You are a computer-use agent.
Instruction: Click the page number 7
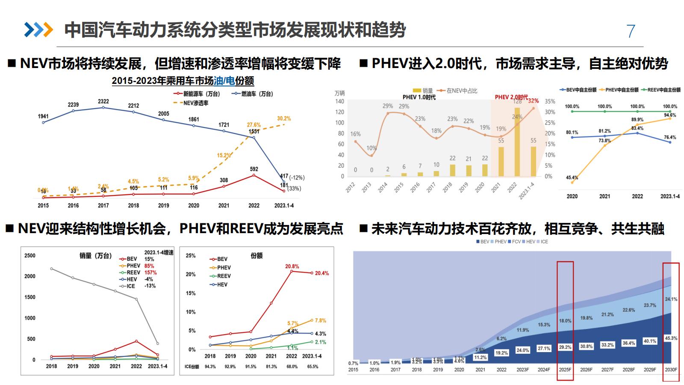[x=631, y=31]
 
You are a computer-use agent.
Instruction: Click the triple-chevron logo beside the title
[x=38, y=30]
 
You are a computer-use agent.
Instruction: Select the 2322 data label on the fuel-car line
[x=103, y=101]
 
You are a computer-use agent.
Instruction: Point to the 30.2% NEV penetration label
[x=284, y=118]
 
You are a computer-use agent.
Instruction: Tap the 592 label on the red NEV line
[x=254, y=169]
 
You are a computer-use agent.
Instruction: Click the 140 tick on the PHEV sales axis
[x=339, y=101]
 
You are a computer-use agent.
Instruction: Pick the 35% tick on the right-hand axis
[x=550, y=101]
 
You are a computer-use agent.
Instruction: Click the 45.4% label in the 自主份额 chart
[x=572, y=178]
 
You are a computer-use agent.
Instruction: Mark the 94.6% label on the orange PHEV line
[x=670, y=115]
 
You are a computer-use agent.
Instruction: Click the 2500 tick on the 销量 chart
[x=30, y=255]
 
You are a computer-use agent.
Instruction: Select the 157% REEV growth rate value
[x=150, y=272]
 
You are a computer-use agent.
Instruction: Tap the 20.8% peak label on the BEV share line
[x=292, y=267]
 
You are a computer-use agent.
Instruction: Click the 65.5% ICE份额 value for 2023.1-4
[x=312, y=367]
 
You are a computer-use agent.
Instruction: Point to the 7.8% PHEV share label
[x=320, y=320]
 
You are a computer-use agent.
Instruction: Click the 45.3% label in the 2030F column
[x=671, y=338]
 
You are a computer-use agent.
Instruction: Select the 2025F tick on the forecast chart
[x=565, y=370]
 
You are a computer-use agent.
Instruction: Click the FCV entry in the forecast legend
[x=516, y=242]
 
